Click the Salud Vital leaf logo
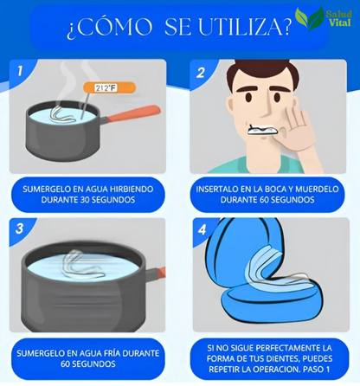click(304, 18)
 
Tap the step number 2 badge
click(200, 73)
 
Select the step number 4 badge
click(200, 230)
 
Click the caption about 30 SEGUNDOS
click(91, 196)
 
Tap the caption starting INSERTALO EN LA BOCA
click(268, 196)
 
